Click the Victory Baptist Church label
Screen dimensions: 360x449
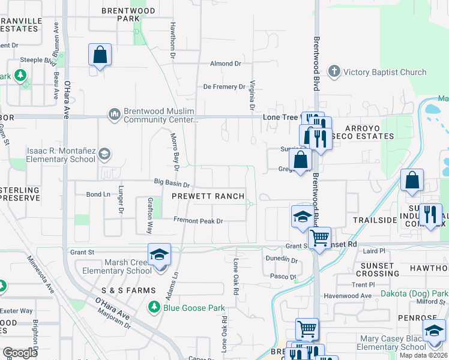click(x=384, y=73)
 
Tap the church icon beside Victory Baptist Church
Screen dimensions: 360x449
click(x=334, y=73)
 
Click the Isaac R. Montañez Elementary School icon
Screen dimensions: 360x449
click(x=104, y=155)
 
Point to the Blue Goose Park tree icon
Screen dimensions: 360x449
click(x=154, y=308)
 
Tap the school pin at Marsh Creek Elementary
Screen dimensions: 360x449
click(x=160, y=256)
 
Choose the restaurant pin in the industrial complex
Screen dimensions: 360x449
click(x=430, y=215)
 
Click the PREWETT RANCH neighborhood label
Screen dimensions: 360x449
click(x=208, y=196)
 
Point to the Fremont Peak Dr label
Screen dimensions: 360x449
click(x=198, y=221)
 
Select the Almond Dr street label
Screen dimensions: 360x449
click(x=225, y=64)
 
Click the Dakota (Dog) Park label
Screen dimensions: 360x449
click(x=414, y=294)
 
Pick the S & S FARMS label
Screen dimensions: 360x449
click(x=128, y=290)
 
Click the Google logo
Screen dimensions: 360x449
click(x=20, y=353)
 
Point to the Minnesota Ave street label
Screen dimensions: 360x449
click(x=40, y=275)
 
